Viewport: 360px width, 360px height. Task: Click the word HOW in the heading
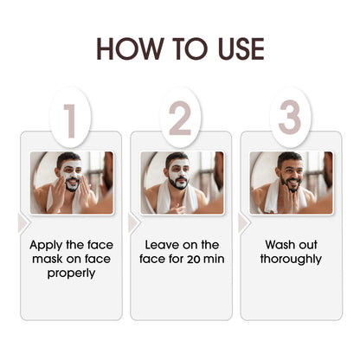pos(130,48)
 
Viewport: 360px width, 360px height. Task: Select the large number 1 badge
pos(70,118)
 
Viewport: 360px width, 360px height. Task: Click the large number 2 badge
pos(180,118)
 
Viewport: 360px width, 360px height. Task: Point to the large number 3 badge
pos(290,118)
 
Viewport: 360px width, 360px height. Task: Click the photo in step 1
pos(72,183)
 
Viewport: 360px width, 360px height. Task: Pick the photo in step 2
pos(182,183)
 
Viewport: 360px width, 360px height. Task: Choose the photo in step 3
pos(291,183)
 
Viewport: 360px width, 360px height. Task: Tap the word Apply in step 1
pos(46,246)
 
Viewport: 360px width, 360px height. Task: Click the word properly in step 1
pos(71,273)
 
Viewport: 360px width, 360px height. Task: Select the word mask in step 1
pos(47,259)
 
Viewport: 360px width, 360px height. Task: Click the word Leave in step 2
pos(159,245)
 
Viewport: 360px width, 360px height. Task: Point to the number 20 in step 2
pos(193,259)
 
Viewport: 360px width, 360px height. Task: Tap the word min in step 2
pos(214,259)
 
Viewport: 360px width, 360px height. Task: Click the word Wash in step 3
pos(280,245)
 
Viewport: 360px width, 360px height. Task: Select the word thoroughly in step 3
pos(291,260)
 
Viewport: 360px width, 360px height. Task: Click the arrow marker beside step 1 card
pos(23,223)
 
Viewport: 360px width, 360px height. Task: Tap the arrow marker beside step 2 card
pos(133,223)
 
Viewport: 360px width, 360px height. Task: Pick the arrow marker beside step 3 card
pos(244,223)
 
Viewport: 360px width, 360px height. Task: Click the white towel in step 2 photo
pos(163,199)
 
